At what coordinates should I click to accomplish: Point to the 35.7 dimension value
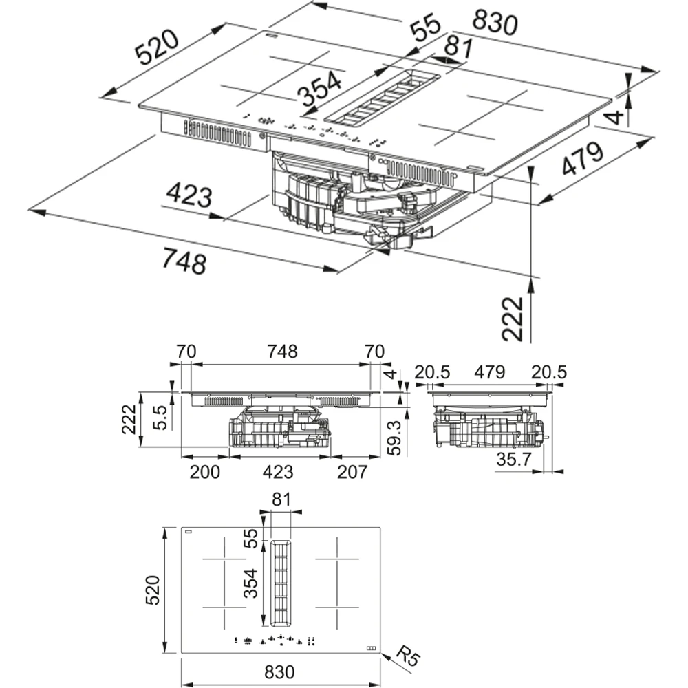[514, 460]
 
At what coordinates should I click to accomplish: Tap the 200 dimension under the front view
[204, 472]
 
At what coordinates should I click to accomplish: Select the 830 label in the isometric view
[491, 23]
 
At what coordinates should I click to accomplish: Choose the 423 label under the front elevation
[278, 472]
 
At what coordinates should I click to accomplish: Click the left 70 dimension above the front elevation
[186, 352]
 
